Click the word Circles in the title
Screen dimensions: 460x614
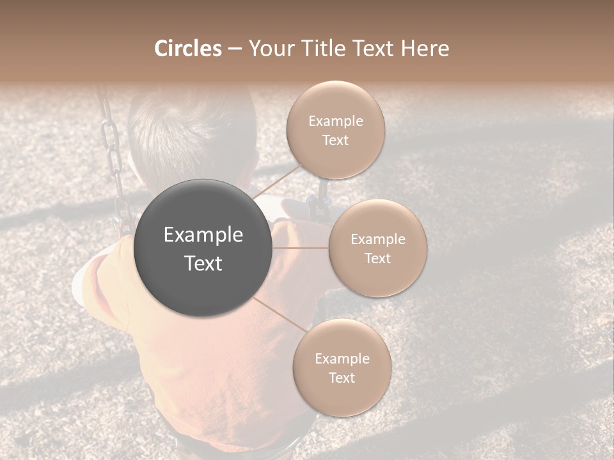coord(187,49)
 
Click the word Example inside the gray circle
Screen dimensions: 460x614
coord(203,235)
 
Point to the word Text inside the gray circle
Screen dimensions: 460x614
coord(203,263)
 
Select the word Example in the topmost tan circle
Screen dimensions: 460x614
coord(335,121)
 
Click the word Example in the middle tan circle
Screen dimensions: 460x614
coord(377,240)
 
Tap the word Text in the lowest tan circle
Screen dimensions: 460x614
coord(342,378)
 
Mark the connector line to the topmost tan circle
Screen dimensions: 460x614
coord(276,180)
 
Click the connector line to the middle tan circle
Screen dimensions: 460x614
coord(301,248)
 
